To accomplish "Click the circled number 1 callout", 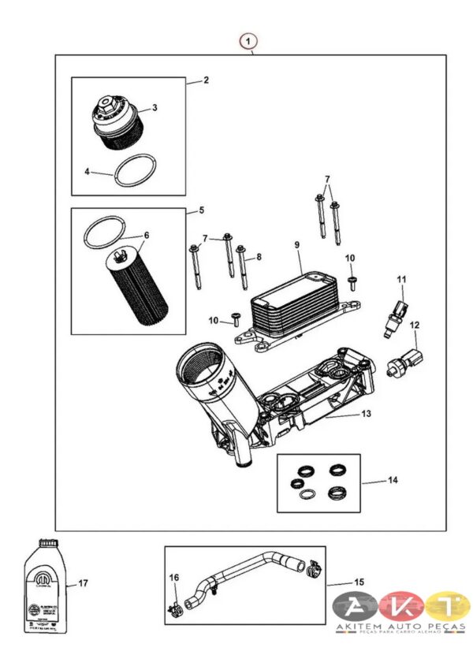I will [250, 39].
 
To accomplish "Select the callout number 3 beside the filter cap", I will [155, 108].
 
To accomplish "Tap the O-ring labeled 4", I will [132, 172].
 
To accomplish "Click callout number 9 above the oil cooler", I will [298, 246].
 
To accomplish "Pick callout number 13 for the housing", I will [366, 413].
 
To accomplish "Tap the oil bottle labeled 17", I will [43, 583].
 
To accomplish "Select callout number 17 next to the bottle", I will [83, 583].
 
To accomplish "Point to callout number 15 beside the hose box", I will [359, 582].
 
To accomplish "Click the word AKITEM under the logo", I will [363, 627].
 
